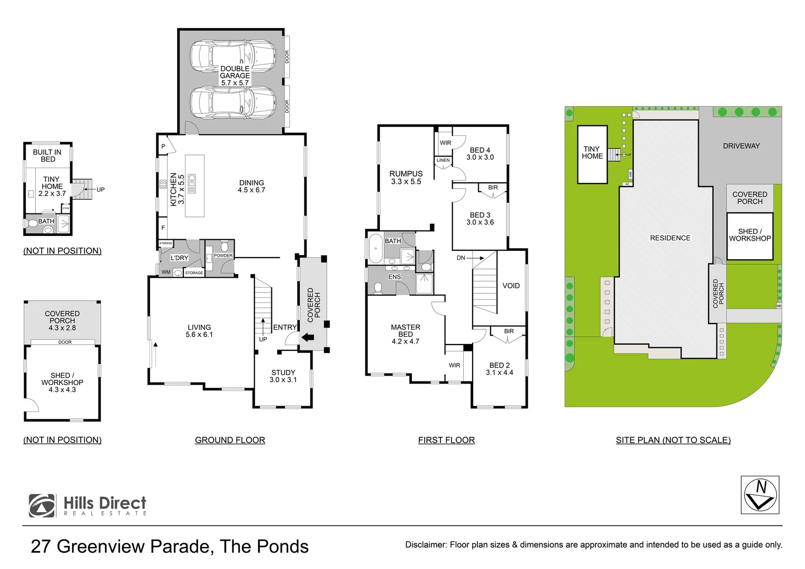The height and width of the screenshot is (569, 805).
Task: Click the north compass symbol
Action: (x=760, y=495)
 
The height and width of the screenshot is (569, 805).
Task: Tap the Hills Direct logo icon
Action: (x=42, y=505)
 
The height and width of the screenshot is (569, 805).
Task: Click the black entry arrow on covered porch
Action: (x=308, y=338)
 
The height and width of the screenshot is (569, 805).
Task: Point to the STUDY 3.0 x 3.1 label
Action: (x=283, y=376)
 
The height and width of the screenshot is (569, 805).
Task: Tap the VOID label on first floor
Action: (x=511, y=286)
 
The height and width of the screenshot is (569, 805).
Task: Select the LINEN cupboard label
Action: (x=443, y=160)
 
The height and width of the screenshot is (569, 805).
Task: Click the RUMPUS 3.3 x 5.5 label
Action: (x=406, y=178)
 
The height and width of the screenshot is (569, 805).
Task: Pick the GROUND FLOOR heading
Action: (x=230, y=440)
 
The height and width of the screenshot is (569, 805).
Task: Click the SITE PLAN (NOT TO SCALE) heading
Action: (x=673, y=440)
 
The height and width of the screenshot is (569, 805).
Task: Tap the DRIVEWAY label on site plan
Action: (x=741, y=146)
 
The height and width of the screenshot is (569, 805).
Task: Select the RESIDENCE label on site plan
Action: (x=670, y=238)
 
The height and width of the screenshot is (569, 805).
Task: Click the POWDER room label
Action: (x=223, y=256)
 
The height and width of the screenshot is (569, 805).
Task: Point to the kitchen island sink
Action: (x=192, y=183)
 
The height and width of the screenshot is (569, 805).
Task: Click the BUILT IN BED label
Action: (x=47, y=155)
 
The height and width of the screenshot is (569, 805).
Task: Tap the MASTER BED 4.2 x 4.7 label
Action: (x=405, y=334)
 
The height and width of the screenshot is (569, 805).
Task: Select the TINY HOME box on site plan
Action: (x=592, y=154)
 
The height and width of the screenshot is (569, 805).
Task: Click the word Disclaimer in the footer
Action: (x=425, y=545)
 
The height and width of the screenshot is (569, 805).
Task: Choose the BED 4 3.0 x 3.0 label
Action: (x=480, y=153)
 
